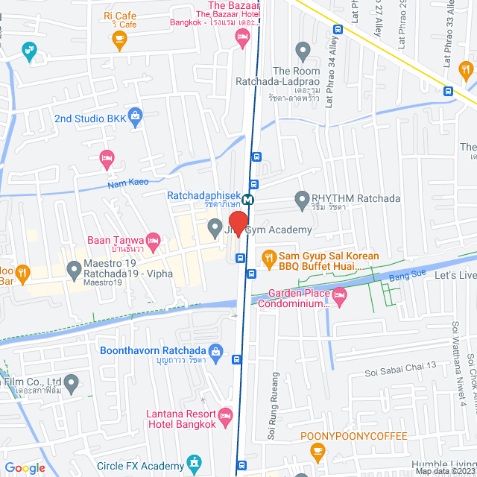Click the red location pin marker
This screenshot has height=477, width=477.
tap(238, 224)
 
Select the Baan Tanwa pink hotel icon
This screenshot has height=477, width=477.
tap(154, 240)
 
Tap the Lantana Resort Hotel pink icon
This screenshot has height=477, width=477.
tap(226, 415)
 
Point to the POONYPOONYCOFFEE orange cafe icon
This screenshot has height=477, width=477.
tap(318, 450)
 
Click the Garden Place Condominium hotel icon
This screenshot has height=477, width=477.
tap(339, 297)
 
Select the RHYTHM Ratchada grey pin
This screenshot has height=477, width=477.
tap(302, 199)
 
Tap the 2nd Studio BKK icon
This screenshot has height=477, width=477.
tap(135, 116)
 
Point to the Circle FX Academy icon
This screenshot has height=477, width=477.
tap(195, 463)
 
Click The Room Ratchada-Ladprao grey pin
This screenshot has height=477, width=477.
tap(302, 51)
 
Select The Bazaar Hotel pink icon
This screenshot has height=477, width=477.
tap(241, 37)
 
